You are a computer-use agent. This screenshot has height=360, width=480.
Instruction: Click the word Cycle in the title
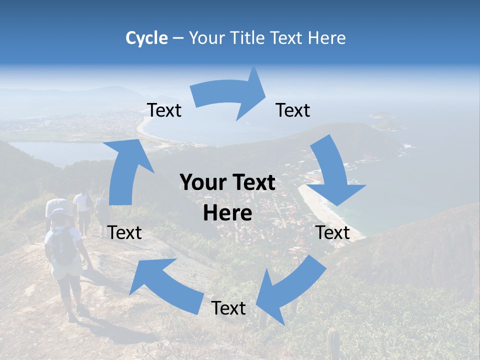(x=146, y=38)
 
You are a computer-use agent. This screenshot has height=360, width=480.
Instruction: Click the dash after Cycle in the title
(x=177, y=38)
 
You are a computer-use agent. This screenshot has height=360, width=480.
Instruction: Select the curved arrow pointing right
(x=230, y=95)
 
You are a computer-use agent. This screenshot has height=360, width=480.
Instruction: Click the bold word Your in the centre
(x=200, y=183)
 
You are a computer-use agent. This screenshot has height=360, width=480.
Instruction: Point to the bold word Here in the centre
(x=227, y=213)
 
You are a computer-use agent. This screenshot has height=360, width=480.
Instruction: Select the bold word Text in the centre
(x=253, y=183)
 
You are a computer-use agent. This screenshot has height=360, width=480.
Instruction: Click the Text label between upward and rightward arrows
(x=164, y=110)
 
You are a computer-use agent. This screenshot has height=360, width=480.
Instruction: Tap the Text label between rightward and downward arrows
(x=293, y=110)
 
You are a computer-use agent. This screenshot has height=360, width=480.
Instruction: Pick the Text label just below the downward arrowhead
(x=333, y=232)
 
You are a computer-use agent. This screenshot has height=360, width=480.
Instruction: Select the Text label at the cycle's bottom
(x=228, y=308)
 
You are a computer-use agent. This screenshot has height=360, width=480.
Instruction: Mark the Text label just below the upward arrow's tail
(x=124, y=232)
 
